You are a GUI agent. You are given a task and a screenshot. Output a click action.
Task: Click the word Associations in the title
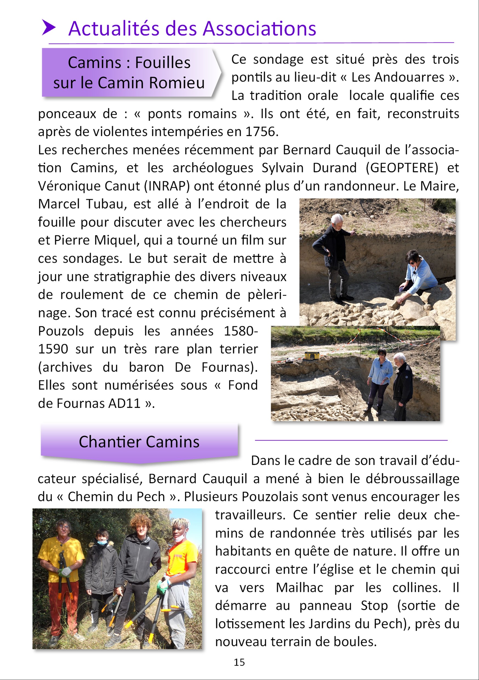pos(259,29)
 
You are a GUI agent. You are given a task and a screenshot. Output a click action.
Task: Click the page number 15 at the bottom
pos(239,662)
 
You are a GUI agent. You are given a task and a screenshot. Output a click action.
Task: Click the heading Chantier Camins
pos(139,442)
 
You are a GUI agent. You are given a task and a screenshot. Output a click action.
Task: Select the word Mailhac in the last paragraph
pos(299,588)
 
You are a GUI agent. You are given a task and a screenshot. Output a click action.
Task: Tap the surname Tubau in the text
pos(104,204)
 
